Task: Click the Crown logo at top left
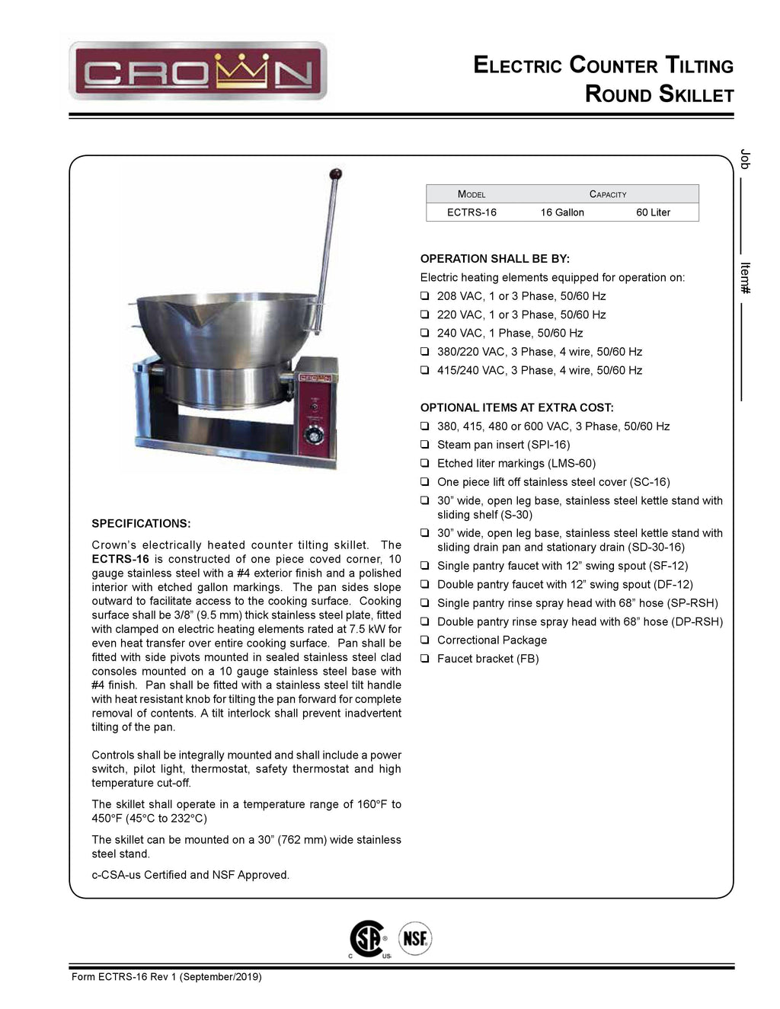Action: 198,72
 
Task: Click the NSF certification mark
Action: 414,938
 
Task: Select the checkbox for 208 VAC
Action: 425,296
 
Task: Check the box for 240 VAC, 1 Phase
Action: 425,334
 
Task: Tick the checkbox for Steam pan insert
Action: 425,445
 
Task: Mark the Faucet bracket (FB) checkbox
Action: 425,659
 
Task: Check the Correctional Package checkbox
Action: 425,640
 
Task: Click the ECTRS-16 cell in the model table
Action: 472,212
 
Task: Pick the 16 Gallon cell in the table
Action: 562,212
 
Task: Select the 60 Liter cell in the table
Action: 653,212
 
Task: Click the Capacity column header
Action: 608,194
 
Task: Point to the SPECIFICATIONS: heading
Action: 141,524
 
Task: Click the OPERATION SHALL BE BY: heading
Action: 495,259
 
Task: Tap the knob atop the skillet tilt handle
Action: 335,175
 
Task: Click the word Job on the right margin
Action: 746,159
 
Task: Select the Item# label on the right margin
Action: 746,278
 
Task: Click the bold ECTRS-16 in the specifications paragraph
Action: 120,559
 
